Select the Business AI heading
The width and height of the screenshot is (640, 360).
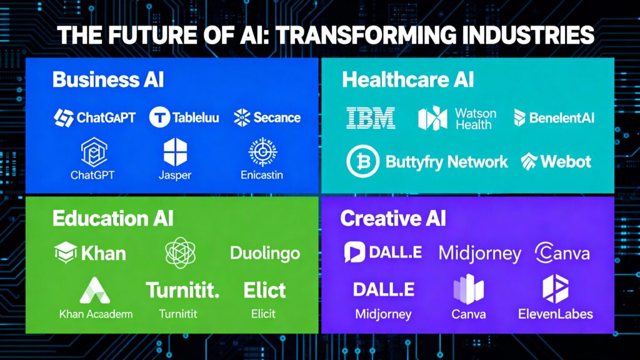(x=108, y=80)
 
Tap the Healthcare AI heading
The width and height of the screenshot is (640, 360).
(x=407, y=80)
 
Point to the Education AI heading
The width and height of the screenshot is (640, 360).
(x=113, y=218)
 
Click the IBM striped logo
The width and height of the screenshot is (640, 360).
(x=371, y=117)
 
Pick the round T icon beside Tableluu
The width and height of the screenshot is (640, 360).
(x=160, y=117)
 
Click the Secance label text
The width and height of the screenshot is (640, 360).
(x=277, y=117)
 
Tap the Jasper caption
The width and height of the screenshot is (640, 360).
(x=175, y=175)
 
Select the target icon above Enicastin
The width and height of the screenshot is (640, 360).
(x=262, y=152)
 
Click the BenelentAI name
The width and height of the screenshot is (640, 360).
(x=561, y=117)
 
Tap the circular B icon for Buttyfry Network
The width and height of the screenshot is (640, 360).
(x=362, y=162)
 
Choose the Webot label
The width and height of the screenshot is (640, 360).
(x=565, y=162)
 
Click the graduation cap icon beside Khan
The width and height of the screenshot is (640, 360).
(x=65, y=252)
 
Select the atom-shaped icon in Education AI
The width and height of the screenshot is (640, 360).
(x=181, y=252)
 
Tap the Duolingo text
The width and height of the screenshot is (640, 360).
(x=265, y=253)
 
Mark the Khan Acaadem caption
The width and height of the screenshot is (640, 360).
(x=96, y=314)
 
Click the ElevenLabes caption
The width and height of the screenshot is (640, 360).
(x=556, y=314)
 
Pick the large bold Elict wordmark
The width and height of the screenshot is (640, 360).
(x=264, y=290)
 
